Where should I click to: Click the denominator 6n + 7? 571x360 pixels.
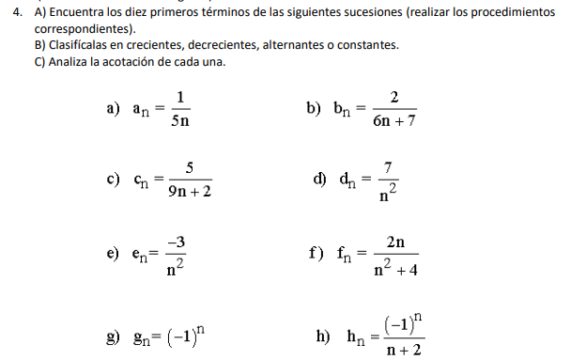(x=394, y=120)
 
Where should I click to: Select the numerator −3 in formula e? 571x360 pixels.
(x=175, y=243)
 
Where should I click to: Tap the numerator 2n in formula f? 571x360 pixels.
(x=395, y=242)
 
